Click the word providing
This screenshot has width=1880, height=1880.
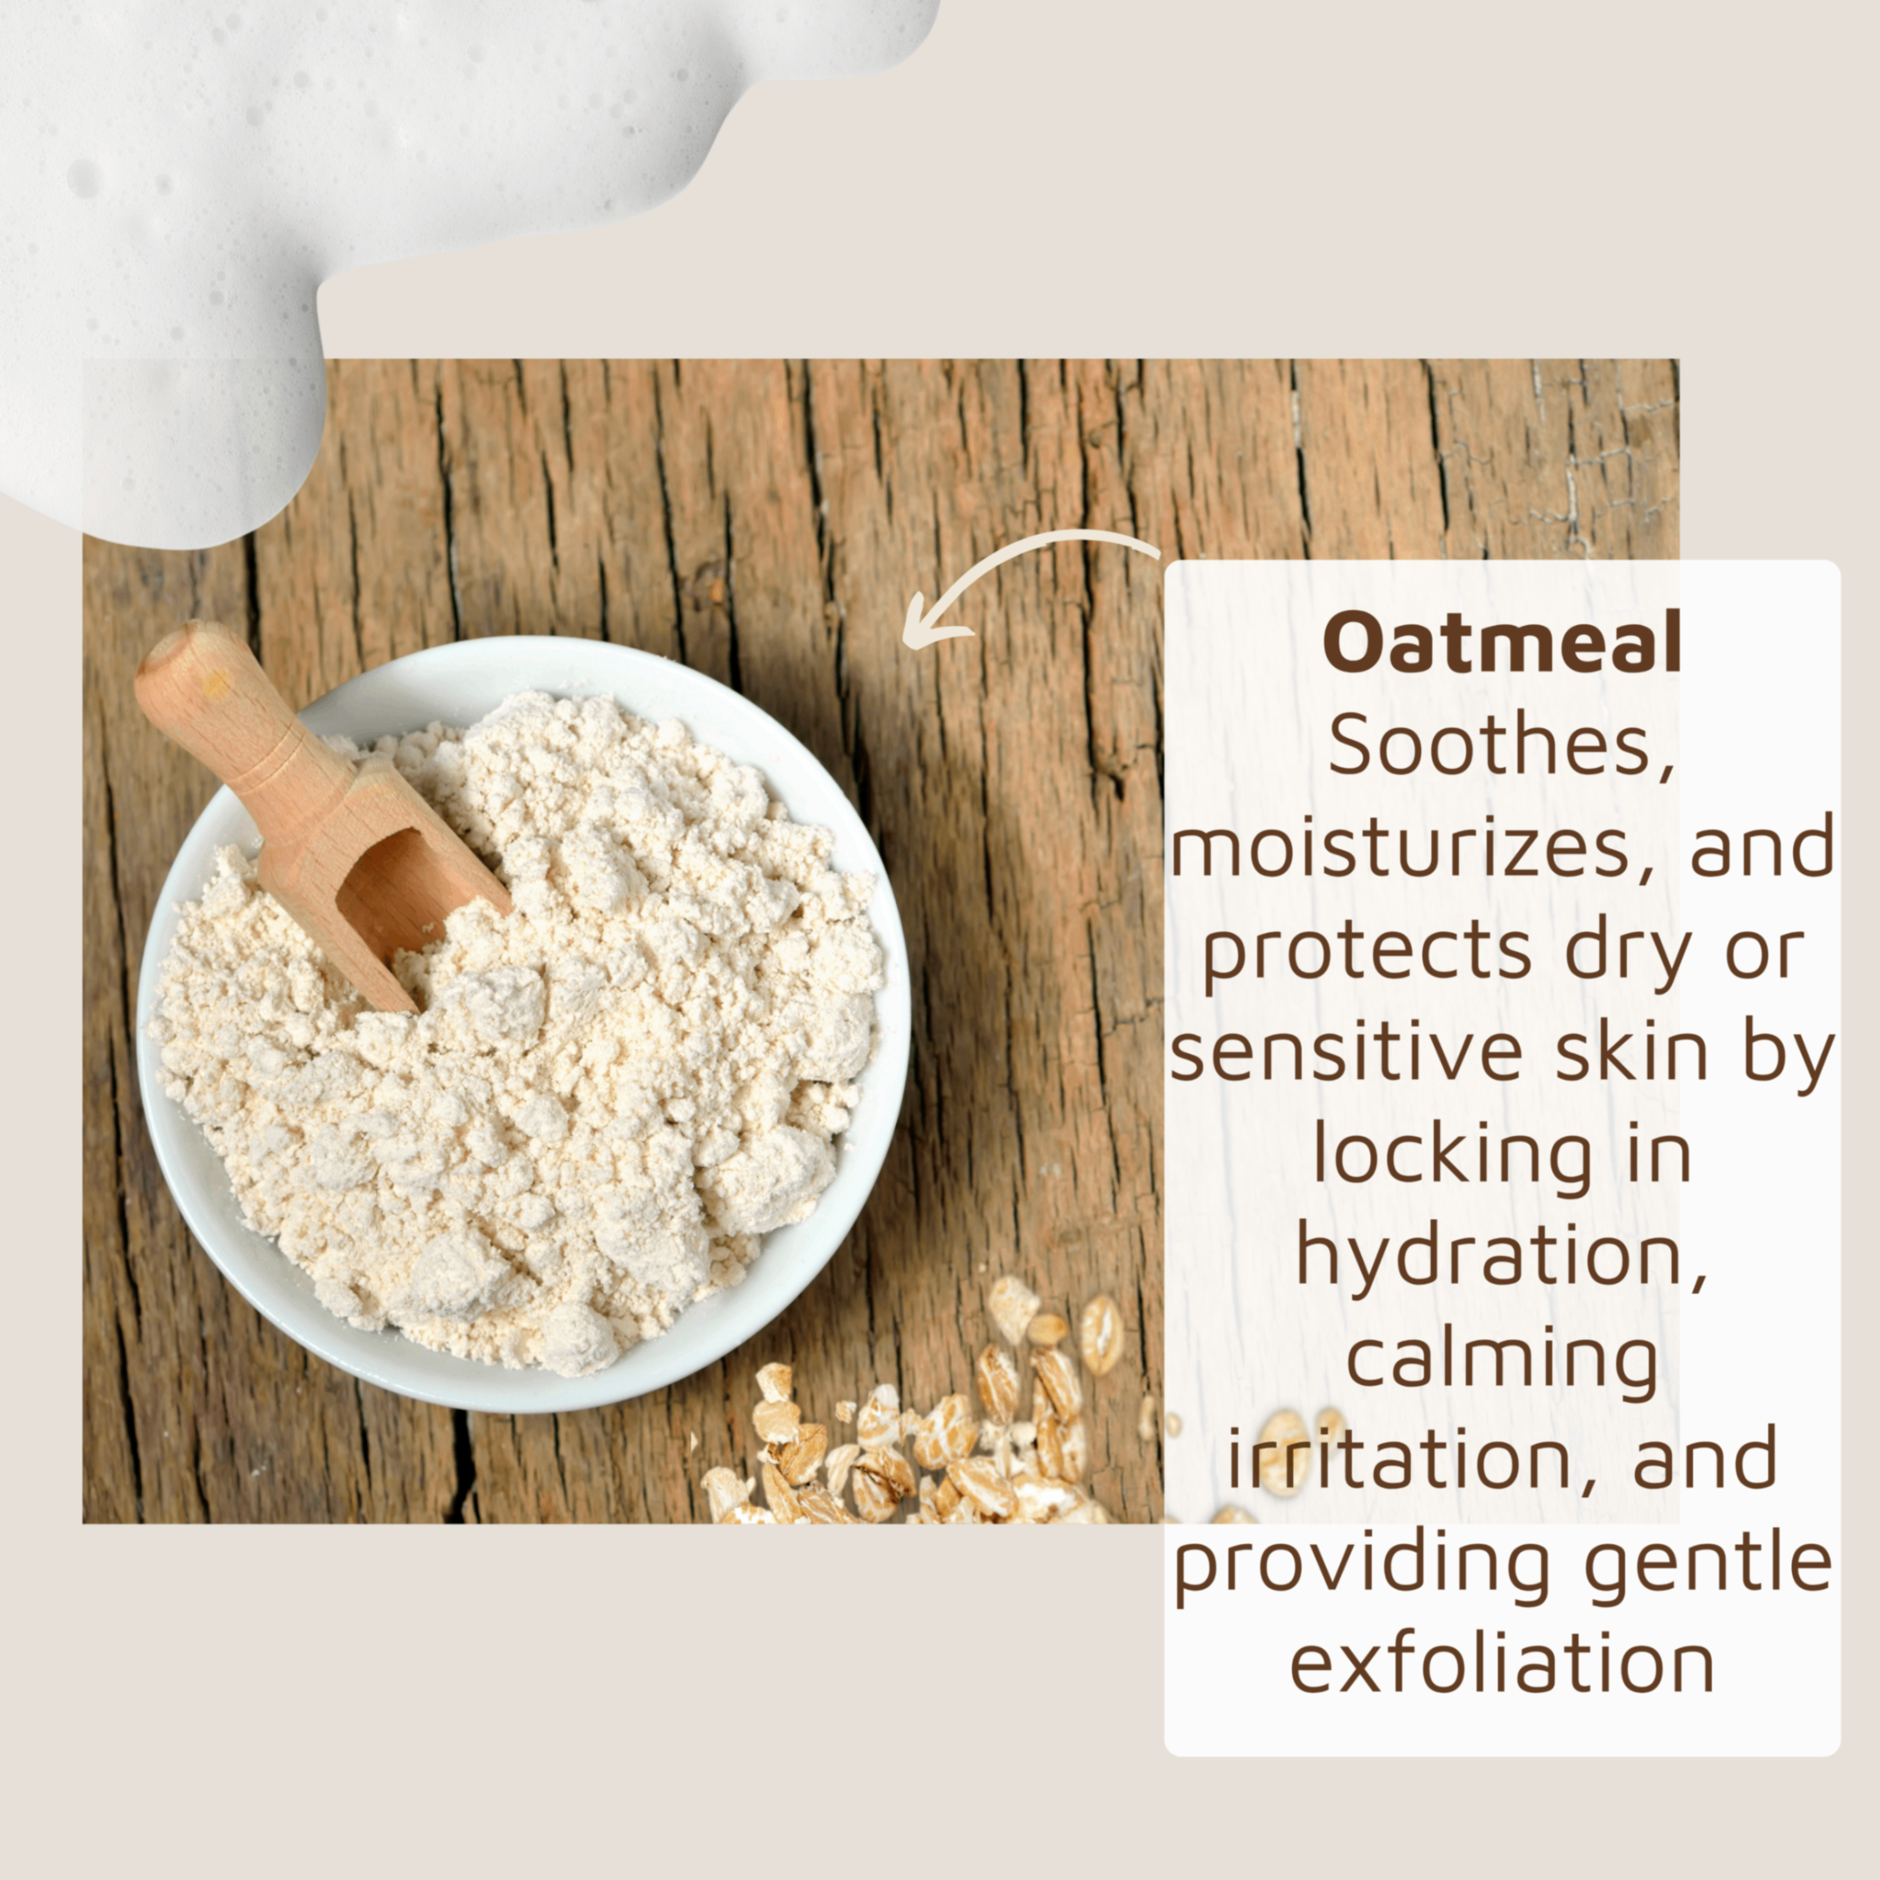1363,1562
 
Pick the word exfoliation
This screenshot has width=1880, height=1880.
1501,1662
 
